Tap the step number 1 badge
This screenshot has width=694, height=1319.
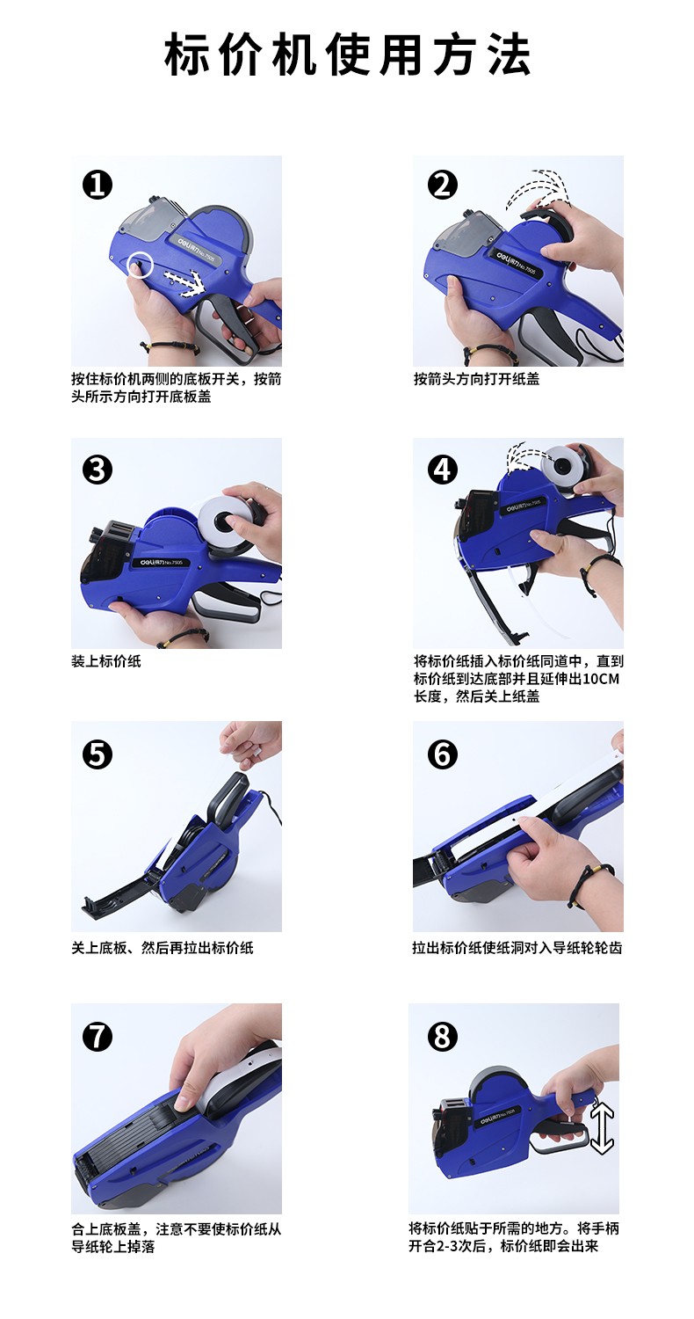[x=97, y=185]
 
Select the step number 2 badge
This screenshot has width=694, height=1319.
[x=442, y=185]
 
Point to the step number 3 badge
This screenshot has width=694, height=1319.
[x=97, y=470]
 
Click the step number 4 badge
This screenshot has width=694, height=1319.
[x=442, y=470]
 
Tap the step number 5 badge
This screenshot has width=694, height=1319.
[x=97, y=754]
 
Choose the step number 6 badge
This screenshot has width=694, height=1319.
[x=442, y=754]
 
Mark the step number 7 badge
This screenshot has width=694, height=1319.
[x=97, y=1037]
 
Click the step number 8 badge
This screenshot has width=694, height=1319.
[x=442, y=1037]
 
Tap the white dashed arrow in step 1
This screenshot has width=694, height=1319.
[x=184, y=281]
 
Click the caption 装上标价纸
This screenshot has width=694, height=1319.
[x=106, y=660]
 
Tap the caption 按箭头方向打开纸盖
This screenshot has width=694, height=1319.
[x=476, y=379]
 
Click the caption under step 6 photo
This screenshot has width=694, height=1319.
[x=517, y=947]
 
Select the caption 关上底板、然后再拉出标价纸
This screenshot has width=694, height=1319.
[x=163, y=947]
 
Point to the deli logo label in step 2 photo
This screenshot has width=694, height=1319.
[x=512, y=262]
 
